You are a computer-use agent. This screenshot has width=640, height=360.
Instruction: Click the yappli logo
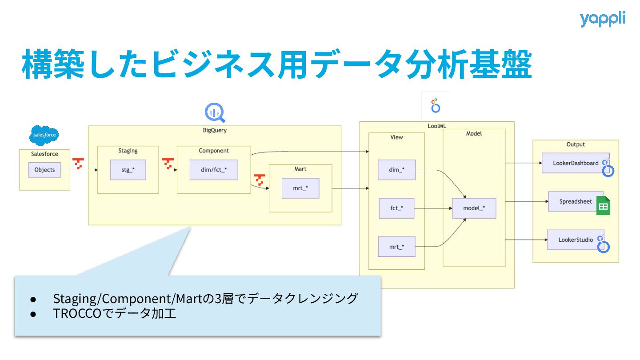(602, 19)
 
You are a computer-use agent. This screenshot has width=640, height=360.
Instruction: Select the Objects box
(44, 170)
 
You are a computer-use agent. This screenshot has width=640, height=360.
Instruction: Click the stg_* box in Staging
(128, 170)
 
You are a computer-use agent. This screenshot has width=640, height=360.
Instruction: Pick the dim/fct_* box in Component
(214, 170)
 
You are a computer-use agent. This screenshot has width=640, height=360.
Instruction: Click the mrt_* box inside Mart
(300, 188)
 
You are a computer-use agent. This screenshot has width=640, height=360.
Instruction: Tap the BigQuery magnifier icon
(215, 112)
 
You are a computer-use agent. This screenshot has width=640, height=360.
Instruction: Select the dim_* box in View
(396, 170)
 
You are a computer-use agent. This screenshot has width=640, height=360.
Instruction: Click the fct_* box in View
(396, 208)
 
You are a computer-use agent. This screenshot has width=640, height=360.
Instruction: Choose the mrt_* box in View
(396, 247)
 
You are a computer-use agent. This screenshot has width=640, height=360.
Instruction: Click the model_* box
(474, 208)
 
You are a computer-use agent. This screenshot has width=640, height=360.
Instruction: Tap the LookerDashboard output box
(575, 163)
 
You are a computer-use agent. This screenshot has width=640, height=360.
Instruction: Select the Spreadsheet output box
(575, 201)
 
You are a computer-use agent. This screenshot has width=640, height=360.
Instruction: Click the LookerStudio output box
(575, 240)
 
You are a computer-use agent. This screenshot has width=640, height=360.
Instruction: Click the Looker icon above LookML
(436, 106)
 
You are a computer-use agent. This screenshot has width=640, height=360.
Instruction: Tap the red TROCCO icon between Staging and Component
(168, 164)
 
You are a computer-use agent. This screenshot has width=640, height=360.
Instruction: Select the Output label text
(576, 144)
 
